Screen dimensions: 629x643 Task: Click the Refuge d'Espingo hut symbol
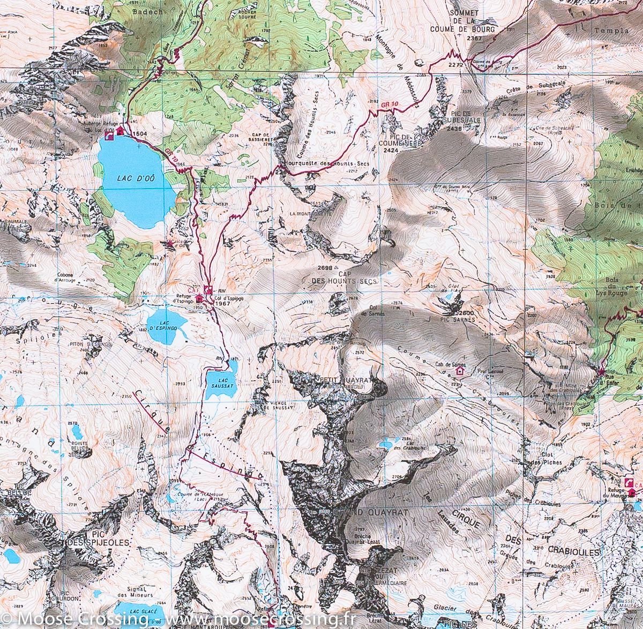pyautogui.click(x=199, y=298)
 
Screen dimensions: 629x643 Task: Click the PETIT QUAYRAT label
pyautogui.click(x=346, y=379)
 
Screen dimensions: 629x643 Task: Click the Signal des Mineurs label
pyautogui.click(x=134, y=592)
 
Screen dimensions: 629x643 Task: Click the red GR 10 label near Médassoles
pyautogui.click(x=391, y=101)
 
